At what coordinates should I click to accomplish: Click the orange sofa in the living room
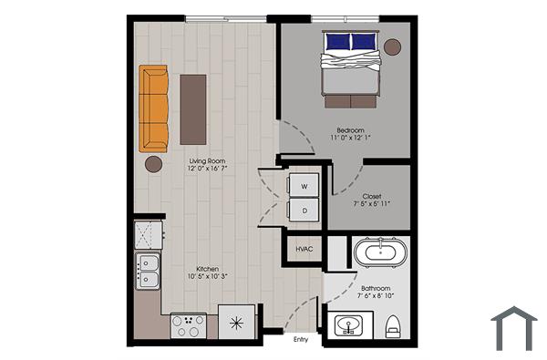pos(154,108)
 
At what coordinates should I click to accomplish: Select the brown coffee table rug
pos(192,108)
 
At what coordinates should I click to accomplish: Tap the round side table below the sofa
pos(153,164)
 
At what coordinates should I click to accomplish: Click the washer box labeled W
pos(304,185)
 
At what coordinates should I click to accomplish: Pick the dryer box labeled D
pos(304,209)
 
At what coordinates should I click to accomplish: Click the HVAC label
pos(304,249)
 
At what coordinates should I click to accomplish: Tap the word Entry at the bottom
pos(300,340)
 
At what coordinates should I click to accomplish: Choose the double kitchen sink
pos(147,271)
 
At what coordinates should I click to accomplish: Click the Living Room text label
pos(207,161)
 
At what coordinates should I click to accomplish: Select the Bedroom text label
pos(350,131)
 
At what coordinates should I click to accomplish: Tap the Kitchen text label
pos(206,269)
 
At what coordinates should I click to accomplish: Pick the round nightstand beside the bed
pos(393,46)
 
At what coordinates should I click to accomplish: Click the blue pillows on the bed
pos(351,41)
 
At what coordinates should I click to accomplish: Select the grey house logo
pos(514,328)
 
